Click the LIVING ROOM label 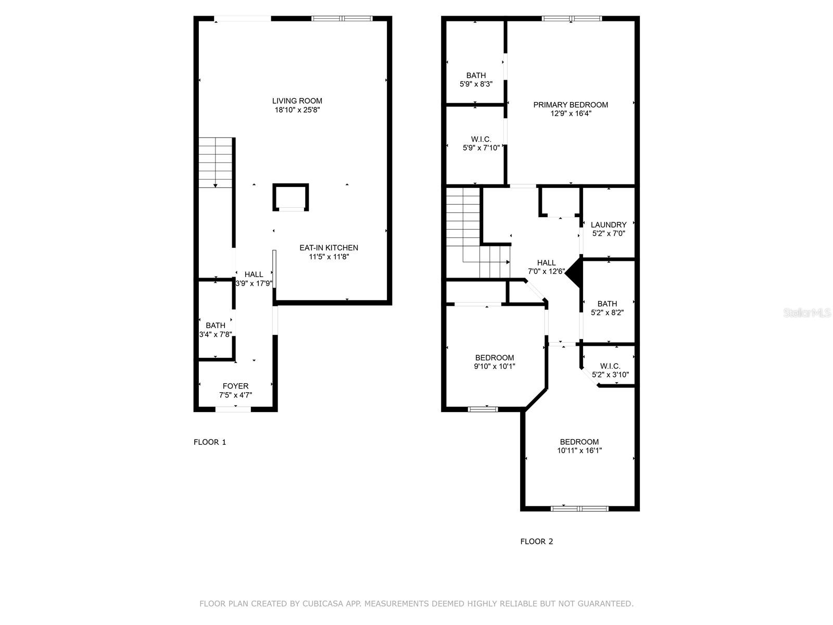tap(297, 101)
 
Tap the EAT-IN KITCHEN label tap(329, 248)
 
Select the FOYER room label tap(235, 386)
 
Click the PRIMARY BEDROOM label tap(570, 105)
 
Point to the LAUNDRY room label tap(608, 225)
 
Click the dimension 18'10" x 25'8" tap(297, 110)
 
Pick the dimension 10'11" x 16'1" tap(579, 451)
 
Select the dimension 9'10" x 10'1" tap(494, 367)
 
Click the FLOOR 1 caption tap(210, 442)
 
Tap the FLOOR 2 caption tap(536, 542)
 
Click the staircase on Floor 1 tap(215, 162)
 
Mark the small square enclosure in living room tap(291, 197)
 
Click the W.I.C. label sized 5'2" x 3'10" tap(610, 366)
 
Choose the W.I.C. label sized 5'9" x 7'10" tap(481, 139)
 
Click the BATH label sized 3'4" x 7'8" tap(215, 326)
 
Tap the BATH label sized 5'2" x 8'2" tap(607, 304)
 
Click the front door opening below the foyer tap(233, 409)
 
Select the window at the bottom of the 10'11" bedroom tap(579, 508)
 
